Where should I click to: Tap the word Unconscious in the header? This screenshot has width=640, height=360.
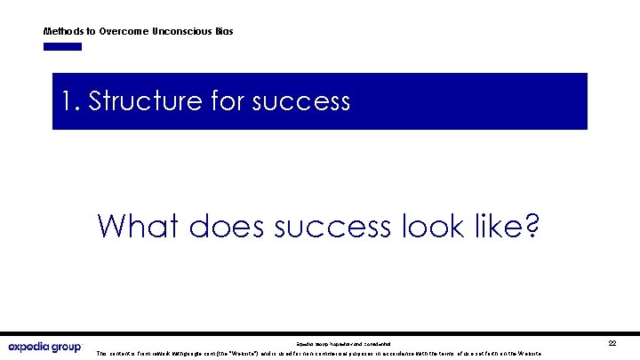(182, 31)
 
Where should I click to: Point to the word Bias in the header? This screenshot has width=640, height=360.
(224, 31)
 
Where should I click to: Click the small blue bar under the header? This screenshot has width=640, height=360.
(62, 46)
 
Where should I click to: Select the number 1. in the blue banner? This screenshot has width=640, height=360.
(72, 101)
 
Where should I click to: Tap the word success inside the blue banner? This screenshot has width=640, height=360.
(301, 101)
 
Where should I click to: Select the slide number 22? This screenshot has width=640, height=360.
(612, 342)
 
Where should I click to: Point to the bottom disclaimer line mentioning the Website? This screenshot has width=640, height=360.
(320, 353)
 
